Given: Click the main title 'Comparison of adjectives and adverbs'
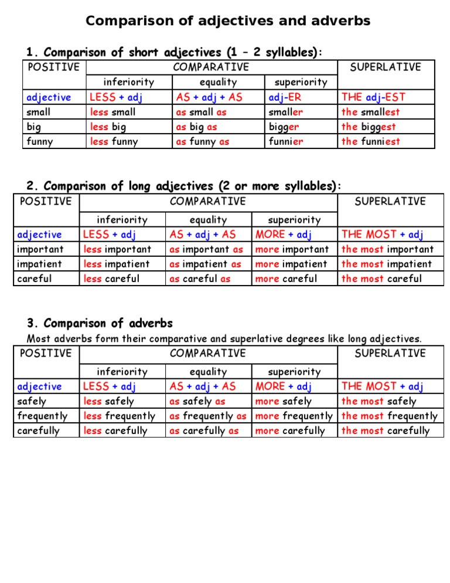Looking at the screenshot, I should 228,21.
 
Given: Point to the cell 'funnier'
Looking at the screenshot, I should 286,141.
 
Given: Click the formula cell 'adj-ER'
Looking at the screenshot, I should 285,97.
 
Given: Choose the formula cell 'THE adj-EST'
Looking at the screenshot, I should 373,97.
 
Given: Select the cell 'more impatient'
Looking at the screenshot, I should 291,264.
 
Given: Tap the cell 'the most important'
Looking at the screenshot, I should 387,249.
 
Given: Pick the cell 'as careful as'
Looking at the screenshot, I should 200,279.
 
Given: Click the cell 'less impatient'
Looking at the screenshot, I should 117,264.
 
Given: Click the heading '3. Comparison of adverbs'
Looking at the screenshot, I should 100,323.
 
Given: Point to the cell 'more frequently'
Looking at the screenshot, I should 294,416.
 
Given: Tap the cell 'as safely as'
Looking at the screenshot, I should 197,401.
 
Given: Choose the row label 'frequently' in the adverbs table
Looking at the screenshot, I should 43,416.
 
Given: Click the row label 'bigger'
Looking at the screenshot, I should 284,126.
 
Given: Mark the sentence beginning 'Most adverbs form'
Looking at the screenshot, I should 225,338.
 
